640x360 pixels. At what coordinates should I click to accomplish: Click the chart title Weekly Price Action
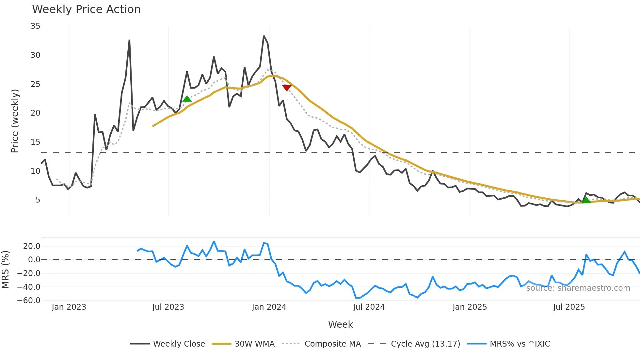tap(86, 9)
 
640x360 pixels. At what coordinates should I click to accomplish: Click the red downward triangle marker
tap(287, 88)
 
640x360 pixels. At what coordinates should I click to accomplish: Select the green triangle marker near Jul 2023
tap(187, 99)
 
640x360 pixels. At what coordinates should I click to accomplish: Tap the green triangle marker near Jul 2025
tap(586, 200)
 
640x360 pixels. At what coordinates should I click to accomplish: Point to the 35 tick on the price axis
tap(35, 26)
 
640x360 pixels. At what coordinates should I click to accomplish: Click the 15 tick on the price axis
tap(35, 142)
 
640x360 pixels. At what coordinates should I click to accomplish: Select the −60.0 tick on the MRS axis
tap(29, 301)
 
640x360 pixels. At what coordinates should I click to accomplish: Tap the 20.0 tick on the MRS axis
tap(31, 246)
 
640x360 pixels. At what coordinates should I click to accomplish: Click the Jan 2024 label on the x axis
tap(269, 307)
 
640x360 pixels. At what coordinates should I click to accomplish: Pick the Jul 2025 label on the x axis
tap(569, 307)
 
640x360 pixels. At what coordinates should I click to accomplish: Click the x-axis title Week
tap(340, 324)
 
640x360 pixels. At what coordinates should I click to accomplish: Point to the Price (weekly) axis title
tap(15, 121)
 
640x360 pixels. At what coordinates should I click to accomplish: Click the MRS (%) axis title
tap(5, 270)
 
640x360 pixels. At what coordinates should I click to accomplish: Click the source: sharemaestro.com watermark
tap(578, 288)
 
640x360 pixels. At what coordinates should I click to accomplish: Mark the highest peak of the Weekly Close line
tap(264, 36)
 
